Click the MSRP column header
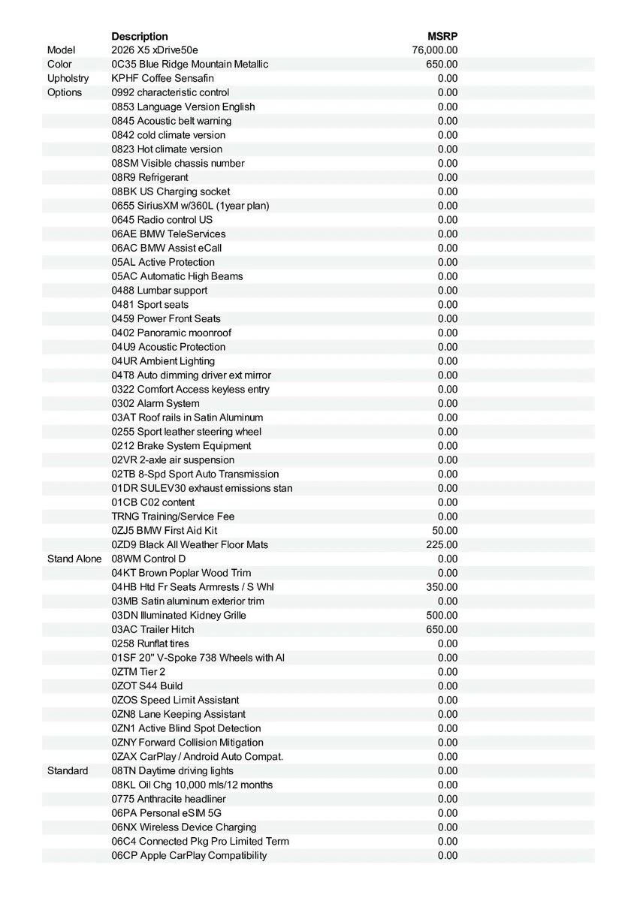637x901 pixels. click(442, 36)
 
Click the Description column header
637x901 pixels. click(140, 36)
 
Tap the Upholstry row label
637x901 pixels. click(68, 78)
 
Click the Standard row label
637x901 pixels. click(68, 770)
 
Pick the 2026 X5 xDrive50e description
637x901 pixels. click(155, 50)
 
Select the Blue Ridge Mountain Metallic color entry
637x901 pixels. click(189, 65)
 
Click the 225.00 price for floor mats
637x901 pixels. click(442, 544)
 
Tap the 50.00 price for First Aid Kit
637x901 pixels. click(445, 530)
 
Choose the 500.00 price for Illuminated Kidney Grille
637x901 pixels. click(442, 615)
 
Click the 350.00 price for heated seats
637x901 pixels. click(442, 586)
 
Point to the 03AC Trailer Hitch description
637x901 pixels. click(152, 629)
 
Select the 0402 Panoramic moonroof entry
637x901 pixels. click(171, 333)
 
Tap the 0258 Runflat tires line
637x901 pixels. click(150, 643)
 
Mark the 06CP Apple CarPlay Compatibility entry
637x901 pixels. click(189, 855)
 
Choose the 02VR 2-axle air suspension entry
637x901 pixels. click(173, 460)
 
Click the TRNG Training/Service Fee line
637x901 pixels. click(173, 516)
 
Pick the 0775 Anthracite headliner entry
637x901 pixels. click(168, 799)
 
